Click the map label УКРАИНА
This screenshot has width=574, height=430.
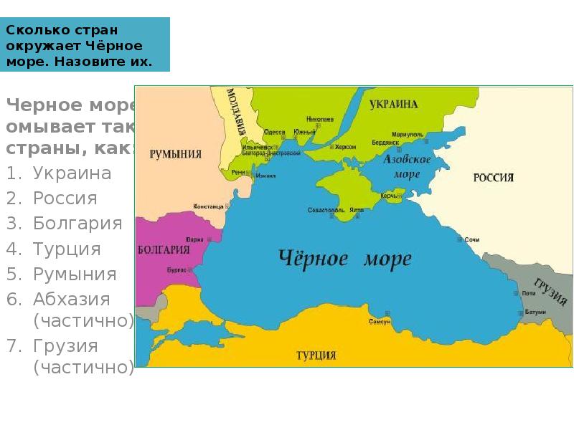(394, 105)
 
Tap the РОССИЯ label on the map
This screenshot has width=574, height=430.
(493, 178)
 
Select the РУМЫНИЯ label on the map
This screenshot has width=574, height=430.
(175, 154)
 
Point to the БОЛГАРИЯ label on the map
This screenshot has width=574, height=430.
(164, 249)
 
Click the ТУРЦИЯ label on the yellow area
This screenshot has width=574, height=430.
(316, 355)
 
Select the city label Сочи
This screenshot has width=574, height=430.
(471, 239)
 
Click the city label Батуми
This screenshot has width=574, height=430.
(535, 312)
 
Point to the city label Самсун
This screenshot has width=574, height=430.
(380, 322)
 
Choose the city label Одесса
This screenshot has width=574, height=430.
(274, 132)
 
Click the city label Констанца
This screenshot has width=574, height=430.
(209, 206)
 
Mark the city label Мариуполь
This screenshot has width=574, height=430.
(407, 134)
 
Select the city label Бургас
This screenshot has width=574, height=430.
(177, 269)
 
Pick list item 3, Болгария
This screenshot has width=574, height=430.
(77, 224)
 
